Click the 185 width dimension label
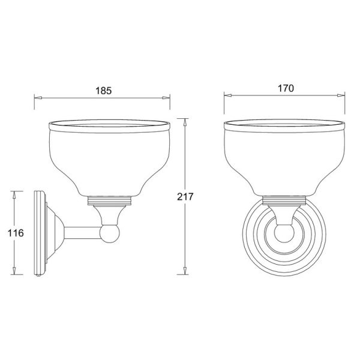pyautogui.click(x=104, y=91)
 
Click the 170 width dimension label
pyautogui.click(x=286, y=88)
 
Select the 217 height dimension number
pyautogui.click(x=185, y=197)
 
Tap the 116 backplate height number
pyautogui.click(x=16, y=233)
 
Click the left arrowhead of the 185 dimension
pyautogui.click(x=38, y=98)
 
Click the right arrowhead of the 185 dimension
pyautogui.click(x=166, y=98)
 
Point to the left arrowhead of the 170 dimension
pyautogui.click(x=228, y=95)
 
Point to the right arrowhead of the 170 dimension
pyautogui.click(x=341, y=95)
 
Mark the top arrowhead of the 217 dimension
pyautogui.click(x=184, y=122)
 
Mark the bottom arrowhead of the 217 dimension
pyautogui.click(x=184, y=271)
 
